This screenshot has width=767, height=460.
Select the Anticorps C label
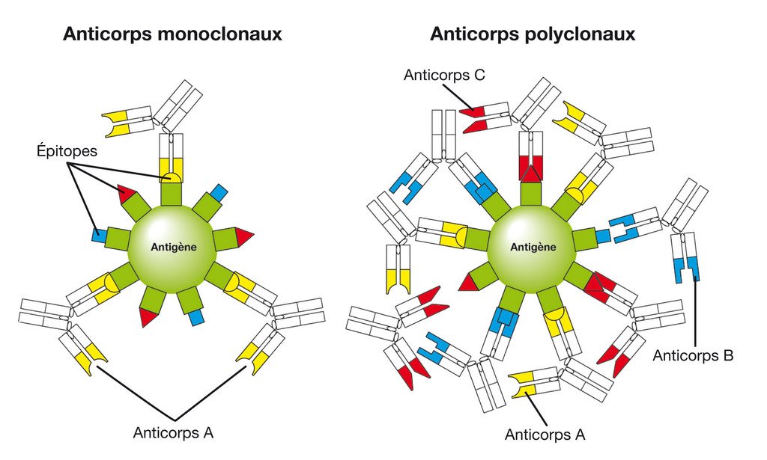pyautogui.click(x=444, y=76)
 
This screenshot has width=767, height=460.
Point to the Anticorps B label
pyautogui.click(x=692, y=355)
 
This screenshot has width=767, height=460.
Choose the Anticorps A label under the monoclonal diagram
pyautogui.click(x=173, y=432)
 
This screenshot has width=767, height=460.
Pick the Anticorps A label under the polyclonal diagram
pyautogui.click(x=545, y=434)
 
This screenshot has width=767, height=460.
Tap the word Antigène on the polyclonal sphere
pyautogui.click(x=533, y=246)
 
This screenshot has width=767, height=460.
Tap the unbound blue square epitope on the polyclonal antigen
pyautogui.click(x=603, y=236)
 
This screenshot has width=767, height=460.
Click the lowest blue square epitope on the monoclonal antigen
pyautogui.click(x=196, y=317)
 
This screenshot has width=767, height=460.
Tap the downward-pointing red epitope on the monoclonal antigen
pyautogui.click(x=148, y=316)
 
